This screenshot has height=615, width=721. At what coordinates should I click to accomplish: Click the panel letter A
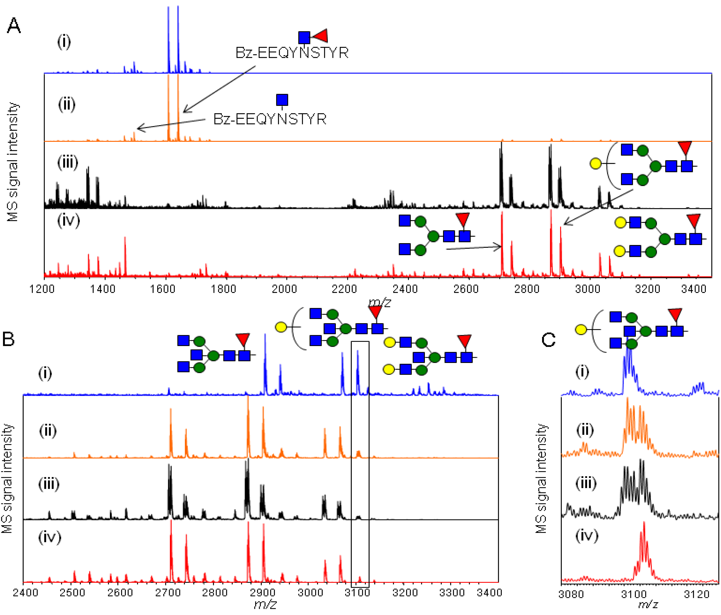pyautogui.click(x=14, y=26)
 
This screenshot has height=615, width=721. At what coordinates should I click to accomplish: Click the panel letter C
pyautogui.click(x=549, y=340)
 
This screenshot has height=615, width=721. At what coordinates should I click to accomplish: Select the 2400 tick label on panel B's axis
pyautogui.click(x=25, y=593)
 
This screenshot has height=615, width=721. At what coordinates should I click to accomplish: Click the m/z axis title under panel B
pyautogui.click(x=265, y=605)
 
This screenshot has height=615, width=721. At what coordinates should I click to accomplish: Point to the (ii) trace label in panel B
pyautogui.click(x=48, y=431)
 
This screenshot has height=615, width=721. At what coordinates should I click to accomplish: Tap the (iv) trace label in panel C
pyautogui.click(x=587, y=536)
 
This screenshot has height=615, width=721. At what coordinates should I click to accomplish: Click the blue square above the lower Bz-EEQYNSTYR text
pyautogui.click(x=282, y=100)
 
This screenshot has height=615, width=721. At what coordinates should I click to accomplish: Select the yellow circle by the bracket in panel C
pyautogui.click(x=581, y=329)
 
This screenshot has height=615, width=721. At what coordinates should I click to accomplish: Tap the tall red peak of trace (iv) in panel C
pyautogui.click(x=644, y=533)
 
